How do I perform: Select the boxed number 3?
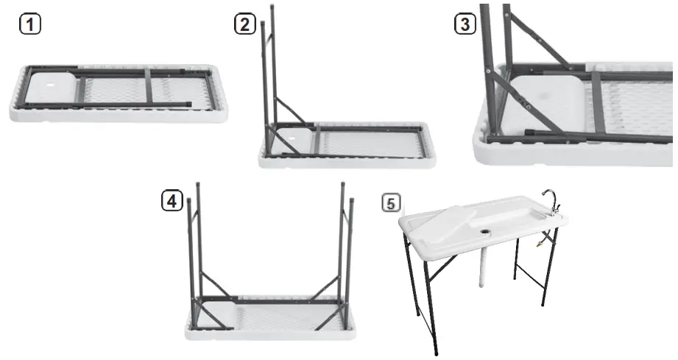(464, 24)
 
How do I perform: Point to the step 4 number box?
(172, 200)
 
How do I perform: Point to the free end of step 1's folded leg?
(189, 105)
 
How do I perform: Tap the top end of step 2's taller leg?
(272, 9)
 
